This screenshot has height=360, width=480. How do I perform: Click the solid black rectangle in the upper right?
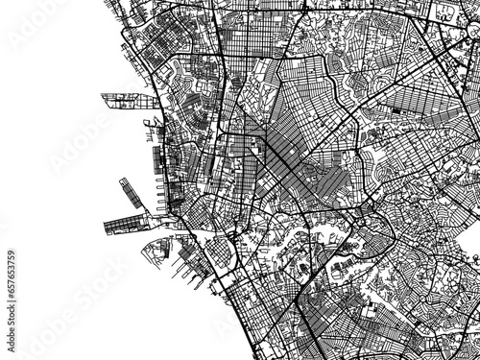click(x=396, y=110)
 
